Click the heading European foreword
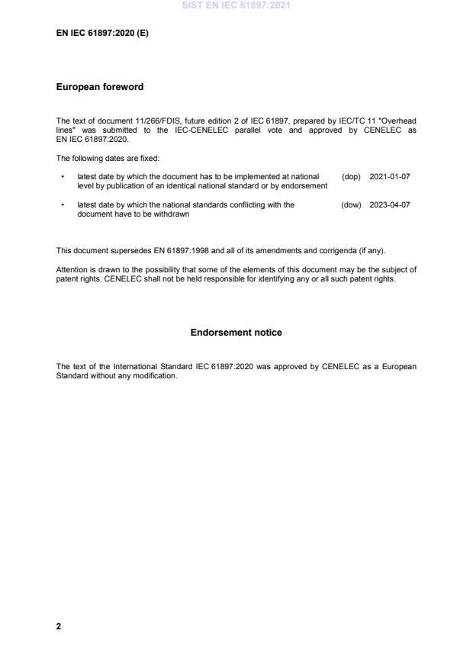100,87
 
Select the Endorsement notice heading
236,333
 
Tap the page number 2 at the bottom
59,626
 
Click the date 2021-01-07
389,176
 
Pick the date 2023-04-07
389,204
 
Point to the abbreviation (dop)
351,176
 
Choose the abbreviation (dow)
351,204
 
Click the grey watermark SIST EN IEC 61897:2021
236,6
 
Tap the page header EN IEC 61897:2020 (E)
101,34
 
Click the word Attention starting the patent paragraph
71,269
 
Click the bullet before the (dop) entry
62,176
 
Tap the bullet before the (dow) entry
62,204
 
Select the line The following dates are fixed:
107,157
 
